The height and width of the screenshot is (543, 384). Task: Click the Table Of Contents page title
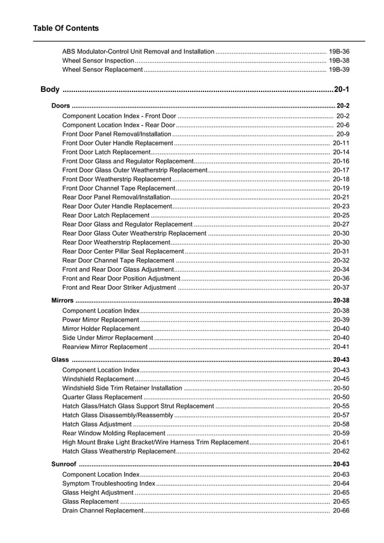66,28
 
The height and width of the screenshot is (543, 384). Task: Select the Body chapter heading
50,90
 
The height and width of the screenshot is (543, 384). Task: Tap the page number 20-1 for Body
341,90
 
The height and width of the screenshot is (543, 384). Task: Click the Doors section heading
61,106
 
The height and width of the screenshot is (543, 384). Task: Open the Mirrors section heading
63,300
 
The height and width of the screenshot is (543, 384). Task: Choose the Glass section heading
60,360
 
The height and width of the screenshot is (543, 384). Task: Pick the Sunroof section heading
64,464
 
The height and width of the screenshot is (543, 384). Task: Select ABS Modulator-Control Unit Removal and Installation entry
138,52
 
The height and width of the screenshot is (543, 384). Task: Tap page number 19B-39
339,70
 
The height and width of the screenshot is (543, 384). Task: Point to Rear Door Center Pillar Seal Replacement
123,251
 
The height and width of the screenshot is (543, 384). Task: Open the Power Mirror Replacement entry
101,320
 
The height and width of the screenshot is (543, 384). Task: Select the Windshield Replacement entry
98,379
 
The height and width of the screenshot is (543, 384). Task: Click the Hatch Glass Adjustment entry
97,424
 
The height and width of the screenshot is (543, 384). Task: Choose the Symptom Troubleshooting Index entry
108,483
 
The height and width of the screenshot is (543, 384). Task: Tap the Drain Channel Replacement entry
102,511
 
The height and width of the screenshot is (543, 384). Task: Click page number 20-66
341,511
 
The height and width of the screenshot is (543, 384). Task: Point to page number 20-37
341,287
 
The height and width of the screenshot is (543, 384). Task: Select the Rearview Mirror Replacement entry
105,347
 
